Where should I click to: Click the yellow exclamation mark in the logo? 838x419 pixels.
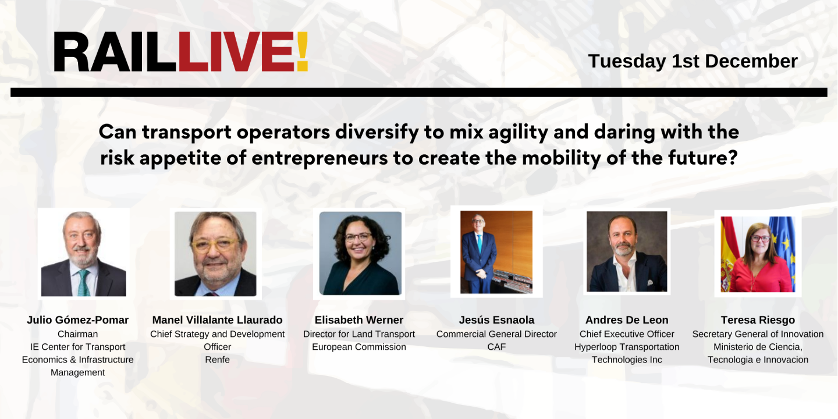pos(301,52)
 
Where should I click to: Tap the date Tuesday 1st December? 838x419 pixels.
pos(693,61)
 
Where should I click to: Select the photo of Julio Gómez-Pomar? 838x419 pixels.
pos(83,254)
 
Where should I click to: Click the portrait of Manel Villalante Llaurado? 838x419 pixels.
pos(215,254)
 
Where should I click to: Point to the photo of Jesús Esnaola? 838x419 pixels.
pos(496,252)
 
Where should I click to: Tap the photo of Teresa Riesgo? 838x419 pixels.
pos(758,254)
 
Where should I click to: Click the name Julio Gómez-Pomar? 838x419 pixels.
pos(77,320)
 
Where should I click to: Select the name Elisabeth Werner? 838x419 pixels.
pos(359,320)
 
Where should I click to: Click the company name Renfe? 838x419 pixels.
pos(217,360)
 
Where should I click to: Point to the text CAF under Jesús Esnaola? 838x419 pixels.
pos(496,347)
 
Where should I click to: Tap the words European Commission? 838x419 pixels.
pos(359,347)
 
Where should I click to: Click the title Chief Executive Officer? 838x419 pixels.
pos(627,334)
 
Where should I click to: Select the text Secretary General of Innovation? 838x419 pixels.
pos(758,334)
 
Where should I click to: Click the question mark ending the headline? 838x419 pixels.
pos(732,158)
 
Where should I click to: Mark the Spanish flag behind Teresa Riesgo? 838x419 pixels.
pos(728,256)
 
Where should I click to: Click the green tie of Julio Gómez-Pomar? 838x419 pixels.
pos(84,283)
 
